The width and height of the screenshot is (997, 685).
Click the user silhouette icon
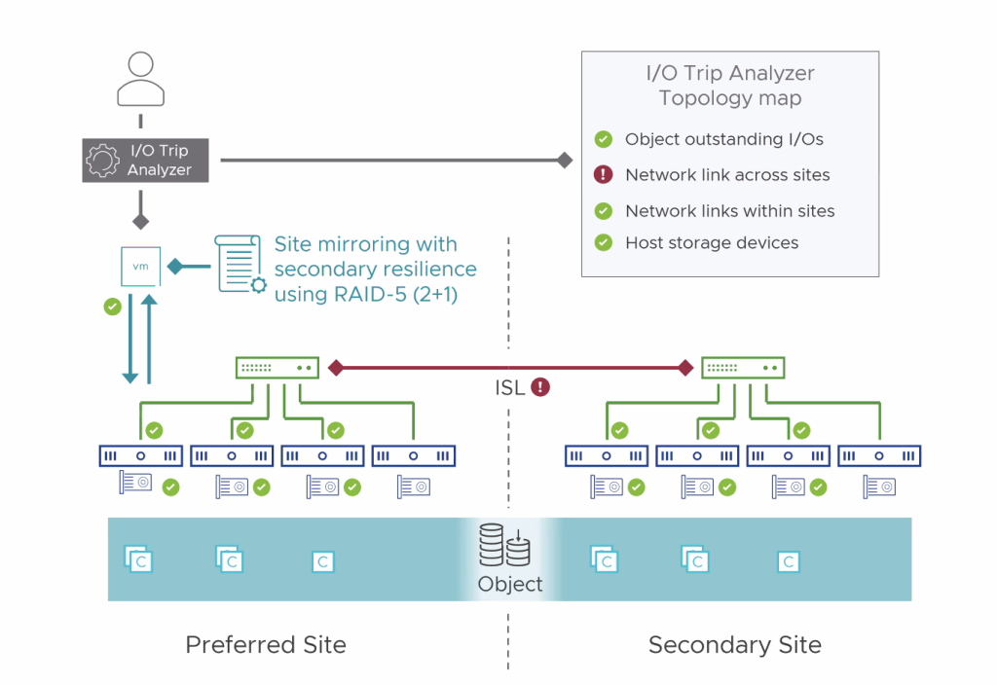coord(141,80)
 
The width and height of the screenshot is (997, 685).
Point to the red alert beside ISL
coord(539,387)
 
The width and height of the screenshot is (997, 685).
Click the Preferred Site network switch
coord(277,368)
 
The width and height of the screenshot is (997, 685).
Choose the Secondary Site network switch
coord(743,368)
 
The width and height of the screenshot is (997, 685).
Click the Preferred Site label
coord(266,644)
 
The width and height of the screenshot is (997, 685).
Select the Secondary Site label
coord(734,644)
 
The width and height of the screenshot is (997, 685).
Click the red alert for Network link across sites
coord(604,175)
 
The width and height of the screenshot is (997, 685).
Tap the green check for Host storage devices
coord(604,242)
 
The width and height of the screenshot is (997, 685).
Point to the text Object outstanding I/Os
coord(723,139)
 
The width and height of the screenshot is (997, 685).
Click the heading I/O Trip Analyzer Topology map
coord(730,86)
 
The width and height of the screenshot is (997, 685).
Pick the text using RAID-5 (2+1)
coord(365,293)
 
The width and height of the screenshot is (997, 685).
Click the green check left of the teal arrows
coord(112,306)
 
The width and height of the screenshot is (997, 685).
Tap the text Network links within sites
coord(729,210)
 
